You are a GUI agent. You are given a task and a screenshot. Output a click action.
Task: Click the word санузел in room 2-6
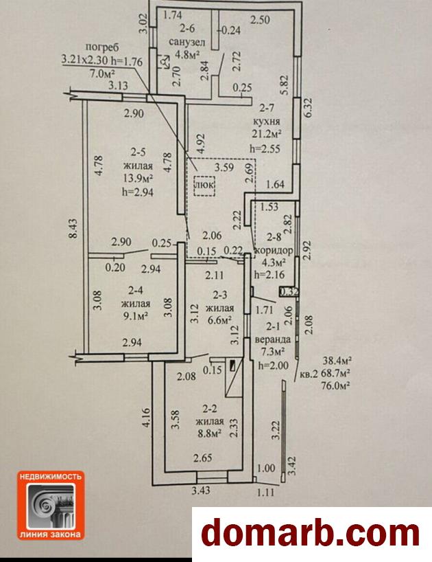(x=187, y=42)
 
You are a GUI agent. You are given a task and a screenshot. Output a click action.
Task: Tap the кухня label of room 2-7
(x=265, y=121)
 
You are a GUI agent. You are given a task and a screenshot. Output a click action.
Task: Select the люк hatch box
(x=204, y=186)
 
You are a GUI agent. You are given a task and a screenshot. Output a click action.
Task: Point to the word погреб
(x=102, y=47)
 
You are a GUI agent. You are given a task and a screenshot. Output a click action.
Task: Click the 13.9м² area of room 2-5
(x=138, y=179)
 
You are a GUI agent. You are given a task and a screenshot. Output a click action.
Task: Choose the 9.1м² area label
(x=136, y=317)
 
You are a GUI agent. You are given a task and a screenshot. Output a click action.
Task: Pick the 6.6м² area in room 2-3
(x=220, y=319)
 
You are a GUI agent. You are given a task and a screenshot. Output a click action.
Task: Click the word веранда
(x=272, y=339)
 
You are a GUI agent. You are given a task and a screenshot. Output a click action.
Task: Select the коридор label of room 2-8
(x=274, y=250)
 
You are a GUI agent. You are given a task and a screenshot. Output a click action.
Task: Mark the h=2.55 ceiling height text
(x=265, y=148)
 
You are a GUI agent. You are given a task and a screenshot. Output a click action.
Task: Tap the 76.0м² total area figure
(x=336, y=386)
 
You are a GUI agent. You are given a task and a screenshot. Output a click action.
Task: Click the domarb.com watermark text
(x=311, y=535)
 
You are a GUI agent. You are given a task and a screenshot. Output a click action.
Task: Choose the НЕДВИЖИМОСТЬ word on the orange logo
(x=51, y=477)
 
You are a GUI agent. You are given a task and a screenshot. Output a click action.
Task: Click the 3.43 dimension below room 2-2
(x=201, y=491)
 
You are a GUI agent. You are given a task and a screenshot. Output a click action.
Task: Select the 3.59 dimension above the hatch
(x=224, y=167)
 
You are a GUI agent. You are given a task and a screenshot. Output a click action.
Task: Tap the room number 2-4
(x=136, y=291)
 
